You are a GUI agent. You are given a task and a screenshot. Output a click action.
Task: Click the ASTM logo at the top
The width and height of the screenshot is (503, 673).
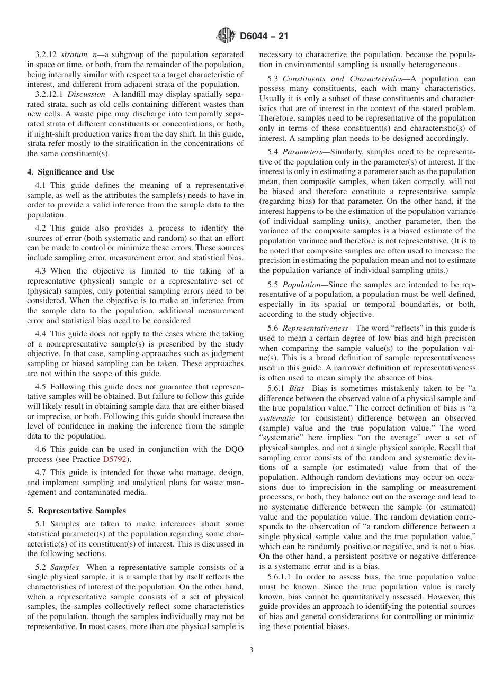(226, 36)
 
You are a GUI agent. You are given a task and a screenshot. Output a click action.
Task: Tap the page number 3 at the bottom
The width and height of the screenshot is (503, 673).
(251, 650)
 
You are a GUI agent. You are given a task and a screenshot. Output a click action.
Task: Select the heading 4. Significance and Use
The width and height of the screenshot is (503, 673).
(70, 172)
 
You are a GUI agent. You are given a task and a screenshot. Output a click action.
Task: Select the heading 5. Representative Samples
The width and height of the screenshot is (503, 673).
(76, 511)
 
